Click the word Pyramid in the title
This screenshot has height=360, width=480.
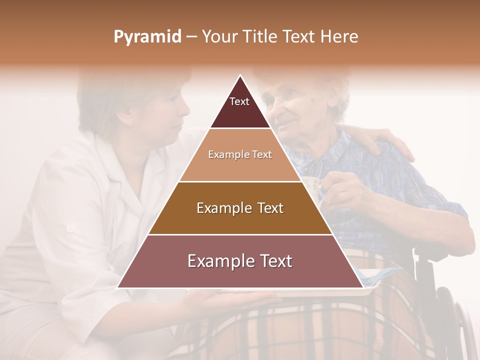coord(147,37)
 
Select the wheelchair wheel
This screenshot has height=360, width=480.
coord(457,325)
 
